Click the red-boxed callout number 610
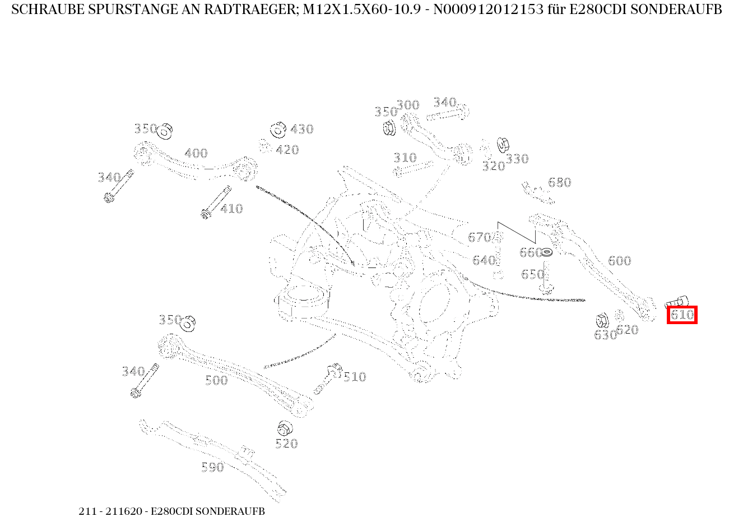click(682, 315)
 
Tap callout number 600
click(619, 261)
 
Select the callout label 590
click(212, 468)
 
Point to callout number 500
click(216, 380)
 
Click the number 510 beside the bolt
click(355, 377)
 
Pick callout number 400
click(196, 153)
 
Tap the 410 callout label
click(231, 209)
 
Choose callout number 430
click(302, 129)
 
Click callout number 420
click(287, 150)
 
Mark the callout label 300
click(408, 105)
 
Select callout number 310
click(405, 158)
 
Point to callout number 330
click(517, 159)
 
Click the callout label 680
click(560, 182)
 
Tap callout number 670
click(479, 237)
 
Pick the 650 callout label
click(532, 274)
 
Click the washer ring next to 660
click(547, 253)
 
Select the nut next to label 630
click(601, 321)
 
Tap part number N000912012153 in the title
click(489, 10)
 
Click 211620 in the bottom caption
click(124, 511)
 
